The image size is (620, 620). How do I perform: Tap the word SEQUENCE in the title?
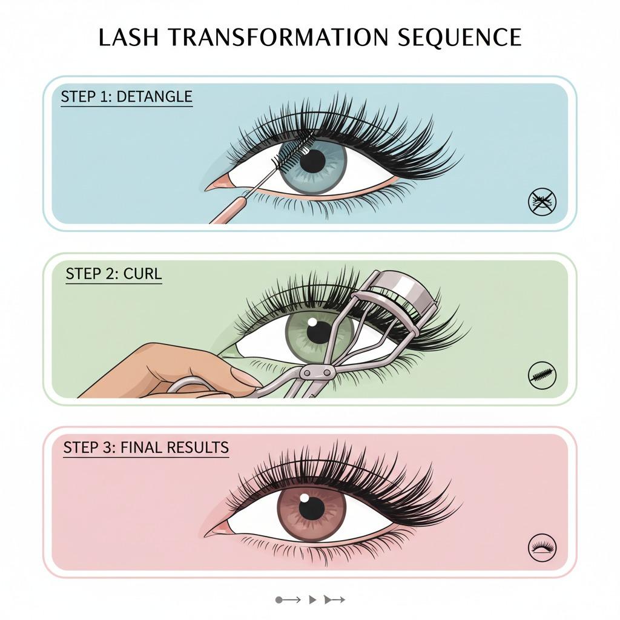coord(460,37)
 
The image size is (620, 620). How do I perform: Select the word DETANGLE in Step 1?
coord(154,96)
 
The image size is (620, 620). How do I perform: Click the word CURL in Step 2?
coord(142,274)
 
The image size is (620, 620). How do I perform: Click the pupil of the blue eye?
coord(312,161)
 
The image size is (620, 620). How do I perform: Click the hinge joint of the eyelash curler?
coord(316,372)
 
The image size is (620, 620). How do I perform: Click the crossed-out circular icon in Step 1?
coord(542,202)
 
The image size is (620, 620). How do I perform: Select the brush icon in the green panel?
coord(542,374)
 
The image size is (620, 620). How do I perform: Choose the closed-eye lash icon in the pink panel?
coord(542,548)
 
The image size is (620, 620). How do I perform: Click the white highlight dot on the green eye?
coord(312,322)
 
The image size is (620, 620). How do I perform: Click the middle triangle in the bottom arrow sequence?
coord(312,600)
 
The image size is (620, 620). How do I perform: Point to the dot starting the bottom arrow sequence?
coord(279,600)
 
